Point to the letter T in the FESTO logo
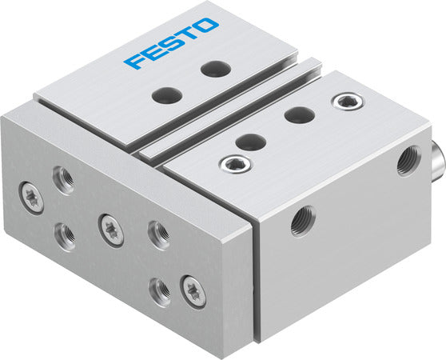click(x=189, y=35)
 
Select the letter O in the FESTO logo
click(x=207, y=26)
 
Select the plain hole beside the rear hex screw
click(x=298, y=114)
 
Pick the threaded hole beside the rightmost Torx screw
click(x=161, y=293)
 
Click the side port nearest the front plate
click(x=304, y=219)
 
